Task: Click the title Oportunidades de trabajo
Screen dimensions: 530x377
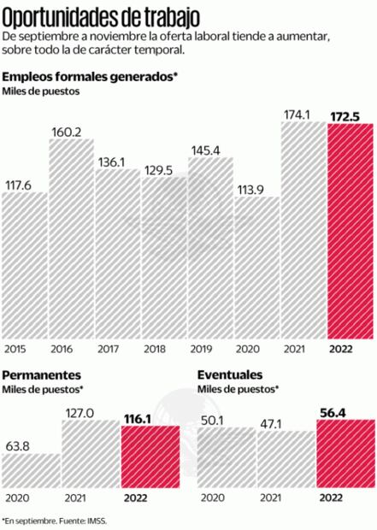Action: pyautogui.click(x=102, y=15)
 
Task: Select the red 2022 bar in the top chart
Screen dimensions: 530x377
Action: pyautogui.click(x=350, y=231)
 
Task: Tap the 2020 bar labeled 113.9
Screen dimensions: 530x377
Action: pyautogui.click(x=257, y=269)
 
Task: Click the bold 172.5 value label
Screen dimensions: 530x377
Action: pyautogui.click(x=350, y=114)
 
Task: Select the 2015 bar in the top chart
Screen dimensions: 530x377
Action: pyautogui.click(x=24, y=265)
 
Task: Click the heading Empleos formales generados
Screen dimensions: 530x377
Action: pyautogui.click(x=90, y=77)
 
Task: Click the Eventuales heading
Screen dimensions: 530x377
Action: pyautogui.click(x=230, y=375)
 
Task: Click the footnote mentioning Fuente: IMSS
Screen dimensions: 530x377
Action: pyautogui.click(x=60, y=519)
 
